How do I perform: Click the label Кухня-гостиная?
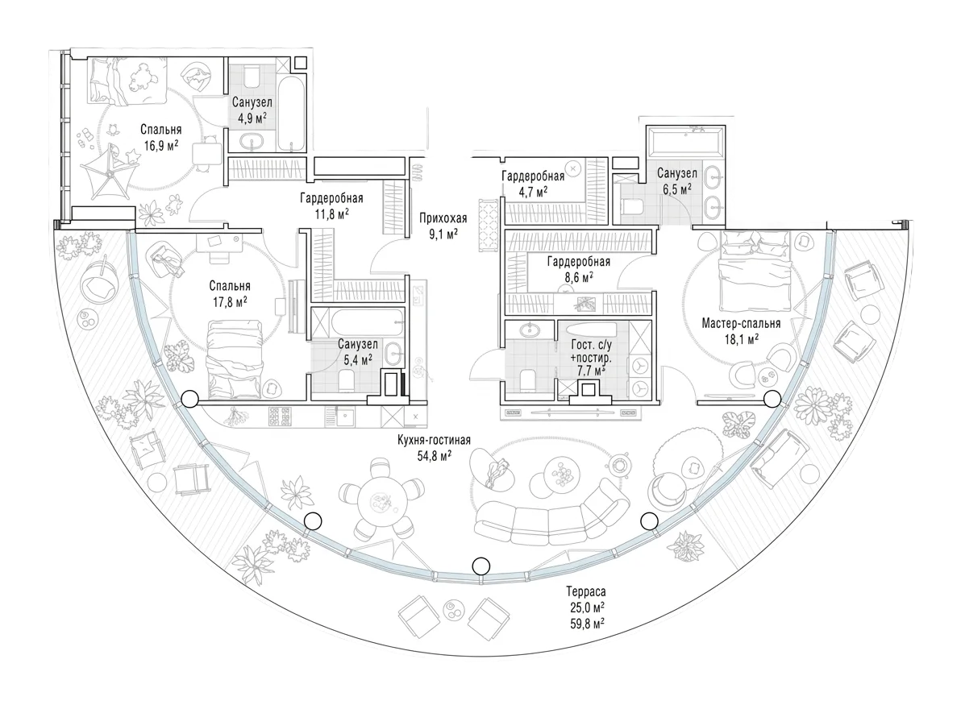434,440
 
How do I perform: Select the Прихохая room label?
443,218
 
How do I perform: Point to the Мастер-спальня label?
741,323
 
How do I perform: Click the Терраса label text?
586,592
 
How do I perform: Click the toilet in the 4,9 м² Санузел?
252,77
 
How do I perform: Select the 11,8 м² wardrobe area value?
331,213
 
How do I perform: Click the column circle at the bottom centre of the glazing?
482,565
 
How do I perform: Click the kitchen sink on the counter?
347,417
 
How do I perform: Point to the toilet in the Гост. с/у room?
527,380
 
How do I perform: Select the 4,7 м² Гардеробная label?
533,185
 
